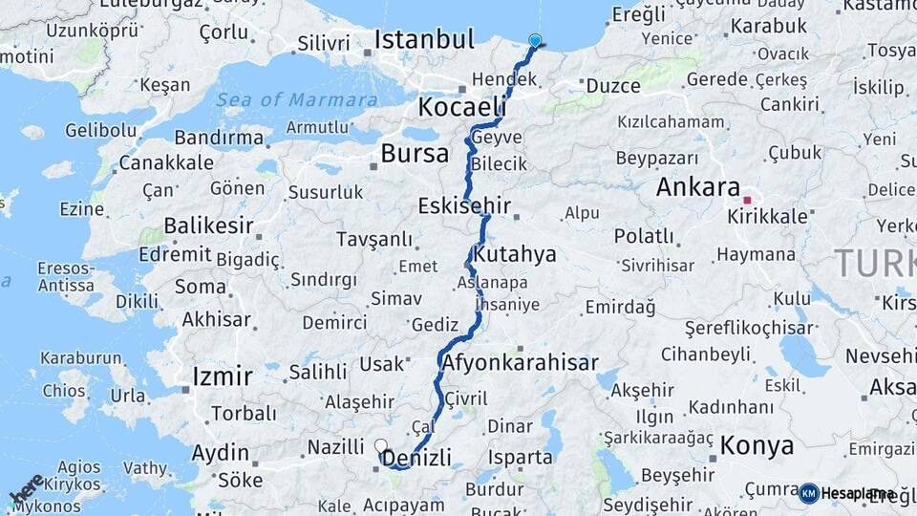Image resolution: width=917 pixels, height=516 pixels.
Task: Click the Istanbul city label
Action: (x=424, y=40)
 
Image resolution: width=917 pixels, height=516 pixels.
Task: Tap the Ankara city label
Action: (x=698, y=187)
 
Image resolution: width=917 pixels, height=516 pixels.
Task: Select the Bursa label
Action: (x=414, y=154)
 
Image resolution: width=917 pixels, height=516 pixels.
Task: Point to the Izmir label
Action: (x=222, y=376)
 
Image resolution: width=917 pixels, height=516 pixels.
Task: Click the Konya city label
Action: (x=757, y=445)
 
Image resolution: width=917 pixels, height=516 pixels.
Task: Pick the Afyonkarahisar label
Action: (x=520, y=363)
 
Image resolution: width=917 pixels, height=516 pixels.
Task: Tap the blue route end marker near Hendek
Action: (x=535, y=41)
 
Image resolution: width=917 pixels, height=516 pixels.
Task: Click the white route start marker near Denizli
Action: (x=381, y=445)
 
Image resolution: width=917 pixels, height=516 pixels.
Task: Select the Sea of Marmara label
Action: (x=296, y=100)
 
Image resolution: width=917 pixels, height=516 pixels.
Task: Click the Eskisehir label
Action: (x=464, y=206)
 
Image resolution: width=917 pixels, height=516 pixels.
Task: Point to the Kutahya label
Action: (x=514, y=255)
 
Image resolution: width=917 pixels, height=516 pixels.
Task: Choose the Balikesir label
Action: (x=208, y=226)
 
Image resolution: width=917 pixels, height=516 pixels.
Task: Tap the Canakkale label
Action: (x=166, y=162)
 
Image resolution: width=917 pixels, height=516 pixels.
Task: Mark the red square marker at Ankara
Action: (x=747, y=200)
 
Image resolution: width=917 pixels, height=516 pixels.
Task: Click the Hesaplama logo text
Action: (x=857, y=493)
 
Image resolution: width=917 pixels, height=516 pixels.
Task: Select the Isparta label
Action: (x=520, y=457)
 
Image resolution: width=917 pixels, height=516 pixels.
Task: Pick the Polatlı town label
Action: (x=643, y=236)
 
